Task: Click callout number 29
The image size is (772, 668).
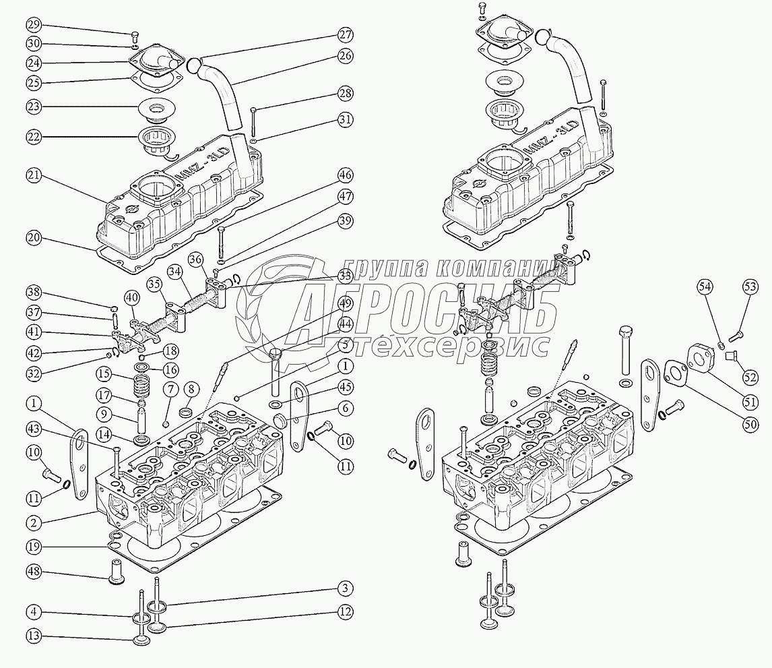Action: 34,26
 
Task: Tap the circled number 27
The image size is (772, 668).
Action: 346,35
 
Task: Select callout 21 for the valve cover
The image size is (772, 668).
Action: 34,175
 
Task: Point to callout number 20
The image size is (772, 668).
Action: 34,238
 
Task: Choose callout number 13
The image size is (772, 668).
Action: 34,636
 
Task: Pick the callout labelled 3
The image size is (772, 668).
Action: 346,588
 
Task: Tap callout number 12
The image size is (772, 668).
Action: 346,611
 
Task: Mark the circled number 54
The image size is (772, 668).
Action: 705,286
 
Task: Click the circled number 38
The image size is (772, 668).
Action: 34,293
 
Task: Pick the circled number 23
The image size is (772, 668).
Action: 34,107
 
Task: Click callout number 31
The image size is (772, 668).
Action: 346,121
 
